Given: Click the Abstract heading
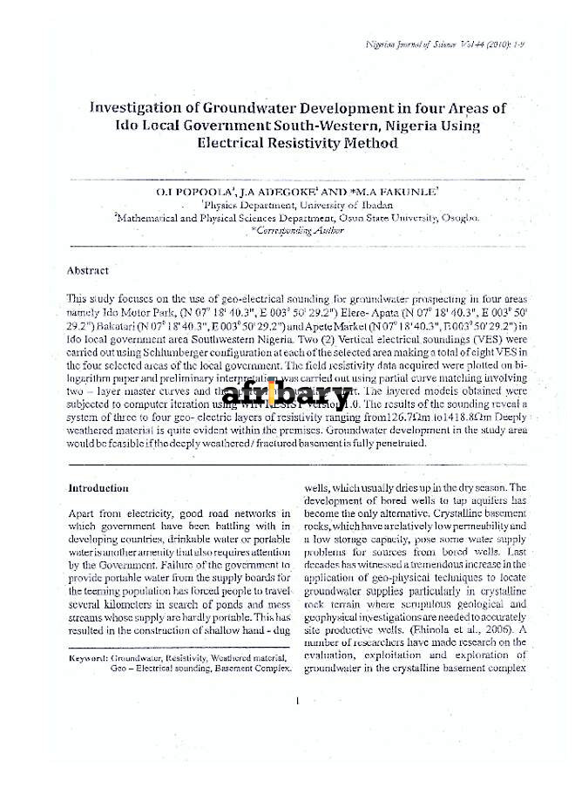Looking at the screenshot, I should tap(88, 271).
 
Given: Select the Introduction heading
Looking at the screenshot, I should tap(98, 488).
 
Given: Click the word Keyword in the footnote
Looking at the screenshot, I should tap(88, 657).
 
